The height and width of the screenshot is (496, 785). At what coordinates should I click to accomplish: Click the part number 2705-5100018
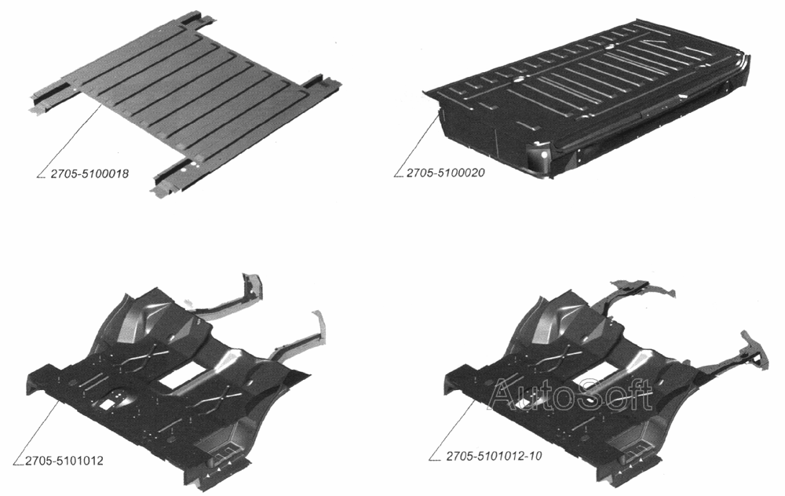pyautogui.click(x=89, y=173)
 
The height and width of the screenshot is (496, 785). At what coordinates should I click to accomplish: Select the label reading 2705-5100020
pyautogui.click(x=446, y=173)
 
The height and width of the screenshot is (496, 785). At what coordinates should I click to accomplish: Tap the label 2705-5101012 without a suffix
pyautogui.click(x=64, y=461)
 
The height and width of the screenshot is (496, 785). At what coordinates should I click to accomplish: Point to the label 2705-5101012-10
pyautogui.click(x=494, y=456)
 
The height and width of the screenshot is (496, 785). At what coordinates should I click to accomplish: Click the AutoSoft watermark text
pyautogui.click(x=571, y=394)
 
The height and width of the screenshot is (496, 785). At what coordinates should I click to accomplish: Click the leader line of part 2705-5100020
pyautogui.click(x=417, y=144)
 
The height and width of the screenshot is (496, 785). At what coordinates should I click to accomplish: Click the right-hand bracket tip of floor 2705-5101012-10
pyautogui.click(x=756, y=350)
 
